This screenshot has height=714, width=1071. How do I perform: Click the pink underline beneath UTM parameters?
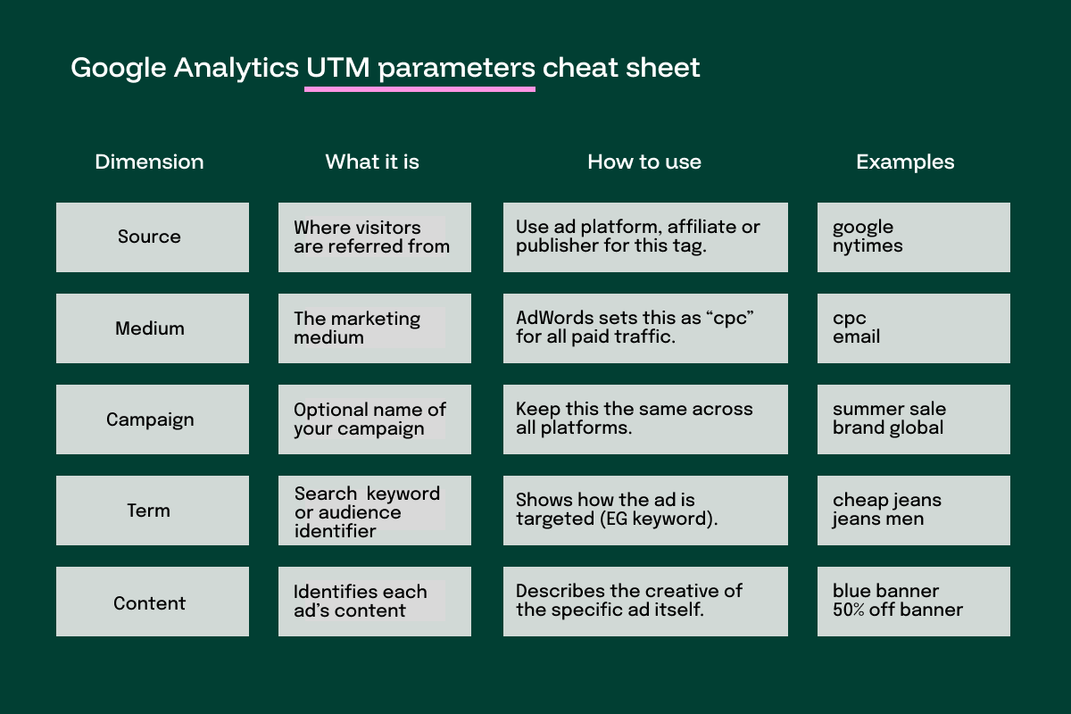pos(419,89)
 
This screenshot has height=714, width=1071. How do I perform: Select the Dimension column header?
pos(149,162)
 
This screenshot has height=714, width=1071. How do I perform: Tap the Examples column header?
pos(905,162)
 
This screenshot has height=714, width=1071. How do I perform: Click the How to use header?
pos(644,162)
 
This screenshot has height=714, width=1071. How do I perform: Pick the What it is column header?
pos(372,162)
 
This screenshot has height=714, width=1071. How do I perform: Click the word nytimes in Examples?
pos(868,246)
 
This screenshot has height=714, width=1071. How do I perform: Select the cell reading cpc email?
pos(913,328)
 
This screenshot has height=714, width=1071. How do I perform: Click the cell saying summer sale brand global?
pos(913,419)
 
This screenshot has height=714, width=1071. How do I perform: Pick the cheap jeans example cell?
pos(913,511)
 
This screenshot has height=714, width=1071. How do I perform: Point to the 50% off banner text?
pos(898,611)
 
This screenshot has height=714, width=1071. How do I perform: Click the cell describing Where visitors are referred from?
pos(375,237)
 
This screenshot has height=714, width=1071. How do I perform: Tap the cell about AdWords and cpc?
pos(645,328)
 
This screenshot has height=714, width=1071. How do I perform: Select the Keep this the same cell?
pos(645,419)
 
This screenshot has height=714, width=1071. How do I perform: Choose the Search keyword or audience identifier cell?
pos(375,511)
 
